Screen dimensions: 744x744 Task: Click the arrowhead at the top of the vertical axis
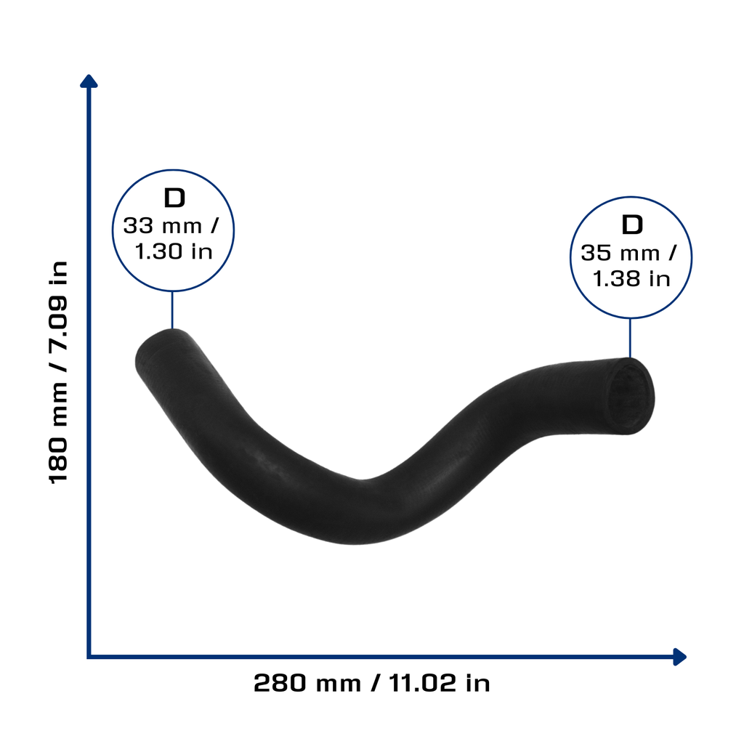(89, 81)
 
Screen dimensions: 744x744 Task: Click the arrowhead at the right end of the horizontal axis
(679, 657)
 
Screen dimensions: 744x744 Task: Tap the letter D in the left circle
(174, 198)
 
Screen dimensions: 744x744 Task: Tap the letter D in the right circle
(632, 225)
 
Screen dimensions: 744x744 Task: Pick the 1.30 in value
(174, 251)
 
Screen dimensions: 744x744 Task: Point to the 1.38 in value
(631, 278)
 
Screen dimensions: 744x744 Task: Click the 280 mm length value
(307, 683)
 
